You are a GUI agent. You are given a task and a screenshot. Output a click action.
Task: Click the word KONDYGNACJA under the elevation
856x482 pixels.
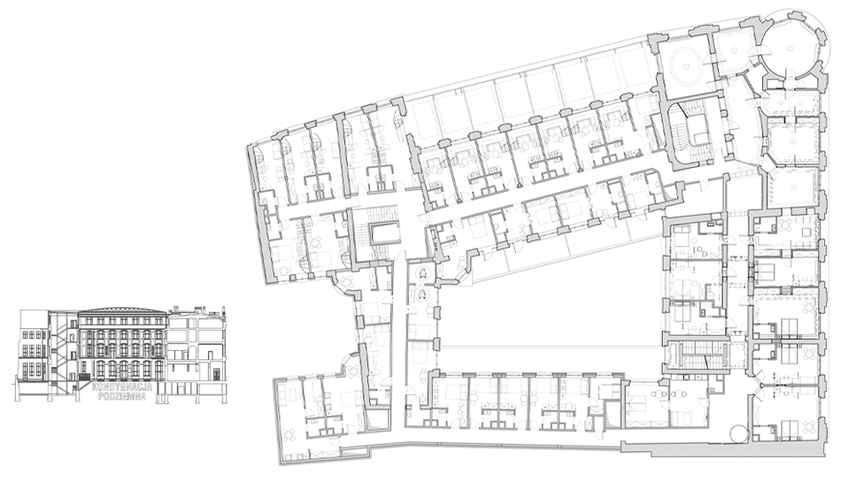(x=119, y=386)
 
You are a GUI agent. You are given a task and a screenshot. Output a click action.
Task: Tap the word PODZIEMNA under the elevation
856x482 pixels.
(x=122, y=396)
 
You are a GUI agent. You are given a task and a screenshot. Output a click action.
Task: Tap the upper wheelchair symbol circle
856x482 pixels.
(x=422, y=275)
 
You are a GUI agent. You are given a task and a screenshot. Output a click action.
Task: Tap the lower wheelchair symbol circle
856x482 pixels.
(x=422, y=295)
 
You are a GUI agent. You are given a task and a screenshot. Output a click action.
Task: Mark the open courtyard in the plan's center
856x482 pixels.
(x=551, y=317)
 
